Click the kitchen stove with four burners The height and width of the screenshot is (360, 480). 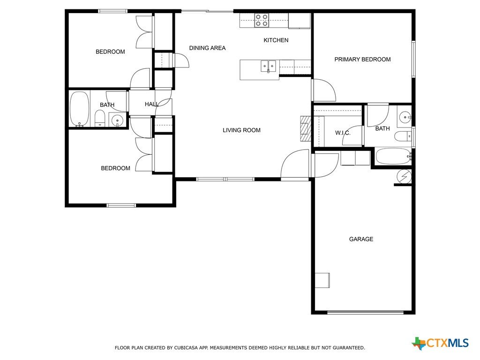262,21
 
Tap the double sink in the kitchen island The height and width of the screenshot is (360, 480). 268,66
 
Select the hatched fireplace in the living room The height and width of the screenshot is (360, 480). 306,128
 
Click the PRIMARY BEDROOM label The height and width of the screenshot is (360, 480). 362,60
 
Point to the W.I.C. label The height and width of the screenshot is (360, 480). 343,133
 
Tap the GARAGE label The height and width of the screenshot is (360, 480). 361,239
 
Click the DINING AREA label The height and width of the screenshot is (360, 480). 207,48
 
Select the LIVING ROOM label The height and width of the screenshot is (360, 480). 241,130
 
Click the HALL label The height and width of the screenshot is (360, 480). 152,105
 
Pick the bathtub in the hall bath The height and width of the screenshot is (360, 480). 80,109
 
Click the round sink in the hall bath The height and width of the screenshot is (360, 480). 118,120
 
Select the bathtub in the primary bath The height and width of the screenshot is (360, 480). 393,157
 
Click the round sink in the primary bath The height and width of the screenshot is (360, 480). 405,117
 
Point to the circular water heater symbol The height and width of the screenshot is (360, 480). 404,176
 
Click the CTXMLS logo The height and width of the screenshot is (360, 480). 440,343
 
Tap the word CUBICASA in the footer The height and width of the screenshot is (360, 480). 186,348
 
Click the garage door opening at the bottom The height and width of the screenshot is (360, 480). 366,312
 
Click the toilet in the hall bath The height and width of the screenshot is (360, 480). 100,118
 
